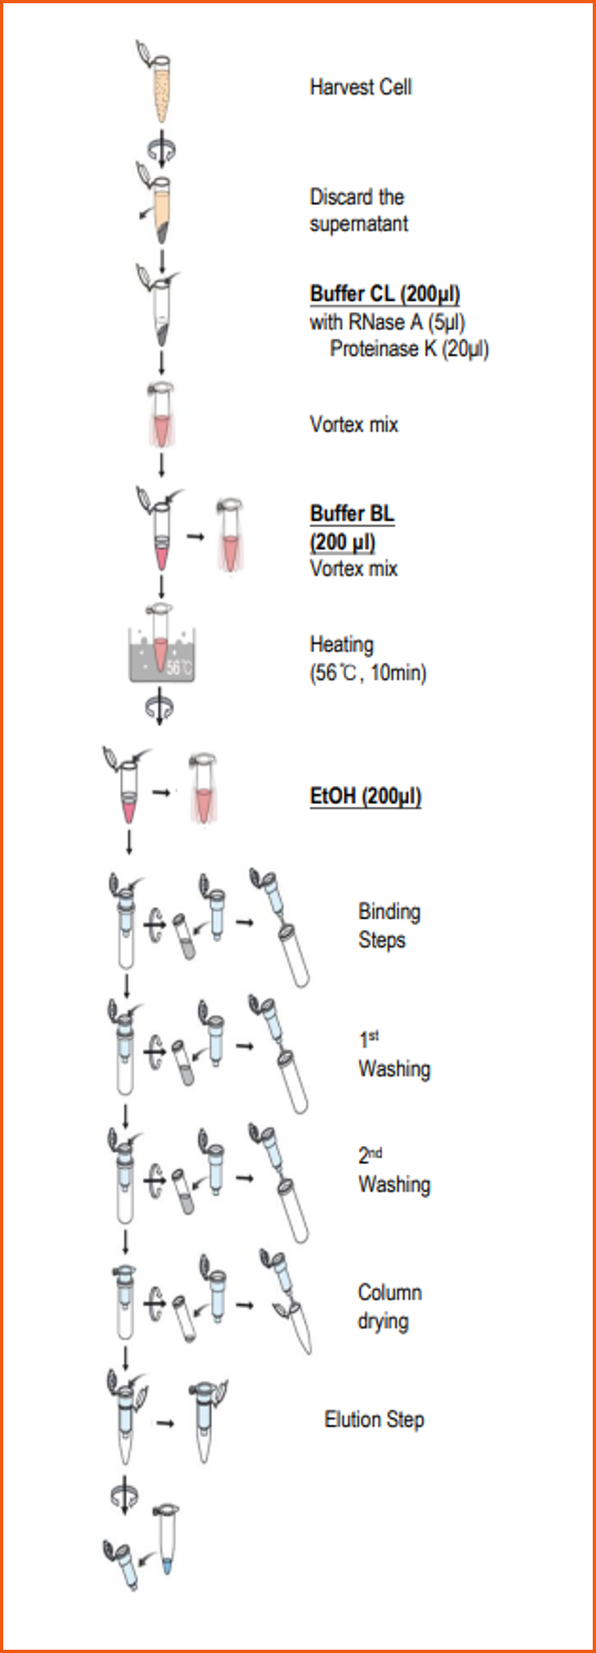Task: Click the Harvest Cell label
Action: [x=361, y=87]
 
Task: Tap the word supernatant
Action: [x=359, y=224]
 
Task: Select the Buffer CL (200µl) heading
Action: [x=385, y=294]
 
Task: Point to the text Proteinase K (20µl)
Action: [x=409, y=349]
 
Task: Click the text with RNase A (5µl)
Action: [x=387, y=322]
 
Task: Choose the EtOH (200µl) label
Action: [x=365, y=796]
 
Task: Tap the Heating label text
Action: [x=342, y=645]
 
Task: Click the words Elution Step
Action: [x=374, y=1420]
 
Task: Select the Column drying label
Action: [x=389, y=1306]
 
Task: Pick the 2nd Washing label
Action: [x=394, y=1171]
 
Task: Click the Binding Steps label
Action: [x=389, y=925]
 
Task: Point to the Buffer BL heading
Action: [x=352, y=513]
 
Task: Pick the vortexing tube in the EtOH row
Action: [x=202, y=789]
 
